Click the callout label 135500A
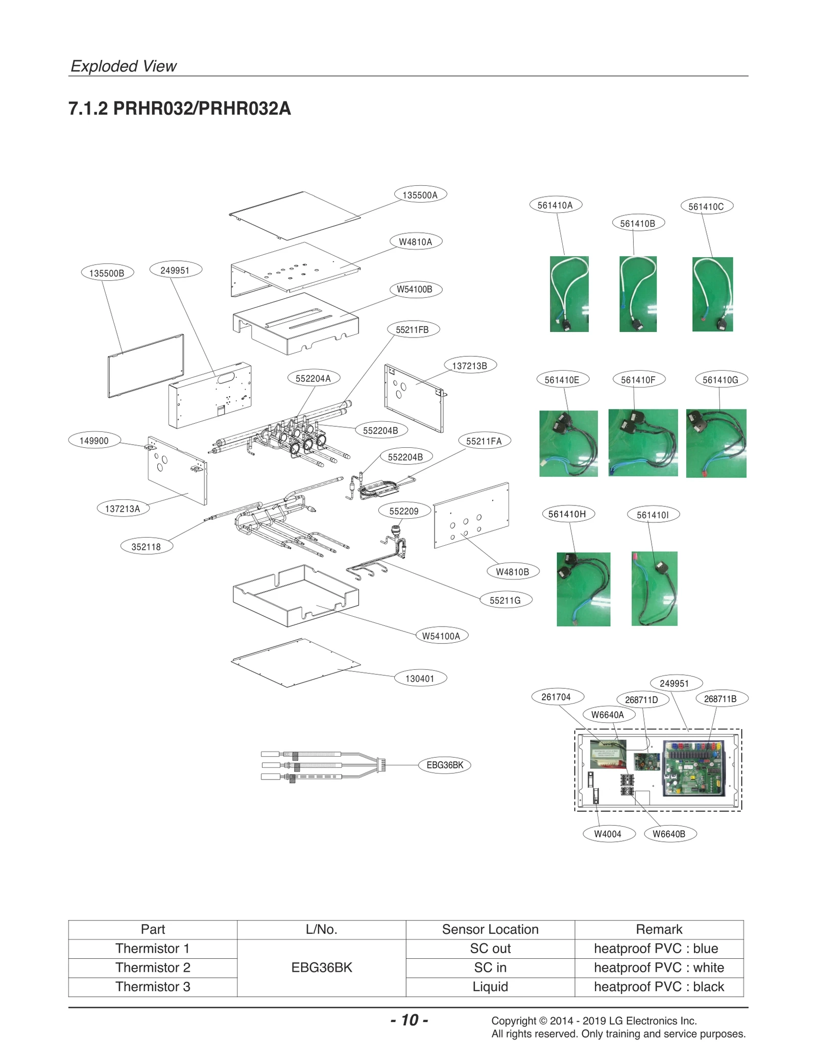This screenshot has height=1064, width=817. tap(420, 195)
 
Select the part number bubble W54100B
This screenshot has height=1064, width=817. tap(414, 289)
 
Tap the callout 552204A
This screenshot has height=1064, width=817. tap(313, 378)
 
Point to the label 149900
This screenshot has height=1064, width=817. tap(94, 441)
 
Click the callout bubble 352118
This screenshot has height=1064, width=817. tap(146, 547)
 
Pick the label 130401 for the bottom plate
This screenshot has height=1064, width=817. tap(420, 679)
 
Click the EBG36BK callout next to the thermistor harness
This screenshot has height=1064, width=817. tap(445, 765)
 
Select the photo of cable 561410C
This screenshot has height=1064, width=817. tap(712, 294)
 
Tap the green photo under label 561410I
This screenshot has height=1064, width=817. tap(654, 588)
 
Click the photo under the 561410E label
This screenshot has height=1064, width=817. tap(568, 443)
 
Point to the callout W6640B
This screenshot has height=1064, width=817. tap(669, 834)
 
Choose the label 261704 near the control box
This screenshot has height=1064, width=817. tap(556, 697)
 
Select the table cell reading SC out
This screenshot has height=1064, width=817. tap(490, 949)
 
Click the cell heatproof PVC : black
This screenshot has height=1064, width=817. tap(659, 986)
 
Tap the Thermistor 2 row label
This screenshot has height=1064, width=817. tap(153, 968)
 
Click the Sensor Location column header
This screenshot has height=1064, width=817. tap(490, 929)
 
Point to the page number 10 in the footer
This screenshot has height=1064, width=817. tap(409, 1020)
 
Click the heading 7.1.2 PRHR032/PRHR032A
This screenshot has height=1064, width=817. tap(180, 109)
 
